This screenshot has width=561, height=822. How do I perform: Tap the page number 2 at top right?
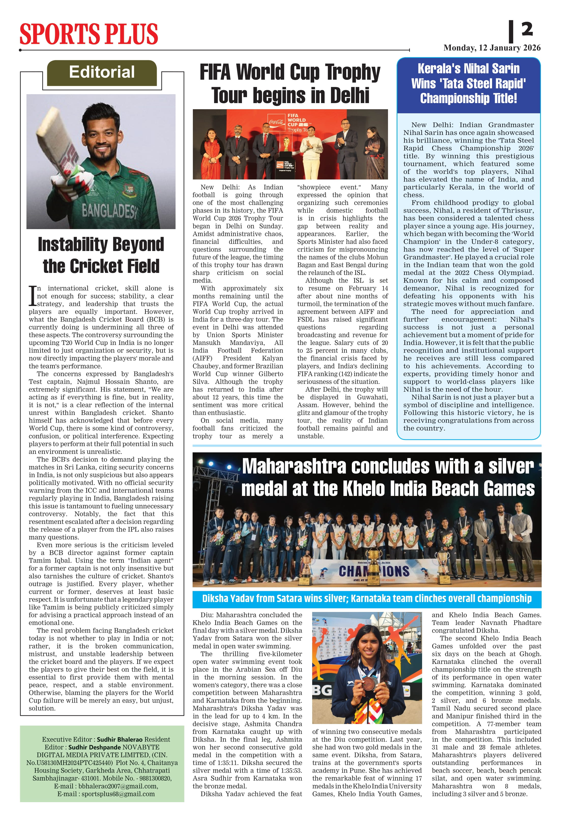click(x=527, y=29)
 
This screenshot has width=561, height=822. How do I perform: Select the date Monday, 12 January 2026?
click(x=492, y=48)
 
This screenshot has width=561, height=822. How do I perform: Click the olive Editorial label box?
click(x=102, y=73)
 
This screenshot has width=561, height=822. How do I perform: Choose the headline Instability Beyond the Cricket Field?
click(x=101, y=255)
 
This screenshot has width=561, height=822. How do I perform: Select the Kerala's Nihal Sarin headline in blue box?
click(x=468, y=83)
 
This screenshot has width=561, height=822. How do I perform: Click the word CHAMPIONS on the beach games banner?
click(x=374, y=571)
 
